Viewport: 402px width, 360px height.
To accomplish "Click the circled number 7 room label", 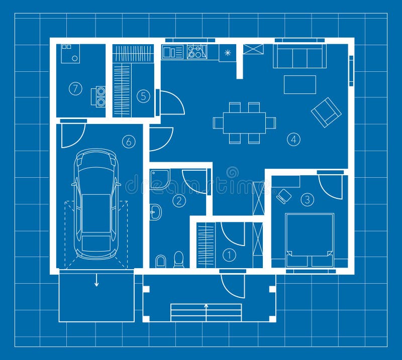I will (x=75, y=89).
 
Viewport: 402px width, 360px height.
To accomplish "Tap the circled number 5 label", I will (x=144, y=95).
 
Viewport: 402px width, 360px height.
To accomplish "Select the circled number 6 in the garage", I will (x=129, y=142).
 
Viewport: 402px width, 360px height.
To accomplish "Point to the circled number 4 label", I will (x=293, y=139).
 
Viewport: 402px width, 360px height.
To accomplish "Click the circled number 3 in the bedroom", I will (x=307, y=199).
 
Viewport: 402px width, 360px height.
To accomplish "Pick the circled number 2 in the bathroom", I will (x=178, y=201).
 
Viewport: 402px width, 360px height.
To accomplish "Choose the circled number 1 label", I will (x=229, y=256).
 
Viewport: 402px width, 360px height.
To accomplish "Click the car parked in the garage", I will (x=96, y=203).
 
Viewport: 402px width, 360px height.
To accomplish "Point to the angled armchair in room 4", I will (x=326, y=112).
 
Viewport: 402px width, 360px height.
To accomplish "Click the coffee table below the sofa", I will (x=299, y=84).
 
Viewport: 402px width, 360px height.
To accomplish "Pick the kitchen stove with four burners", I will (x=197, y=52).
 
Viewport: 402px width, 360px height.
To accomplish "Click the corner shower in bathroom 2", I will (x=159, y=179).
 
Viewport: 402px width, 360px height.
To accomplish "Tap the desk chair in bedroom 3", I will (x=283, y=196).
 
